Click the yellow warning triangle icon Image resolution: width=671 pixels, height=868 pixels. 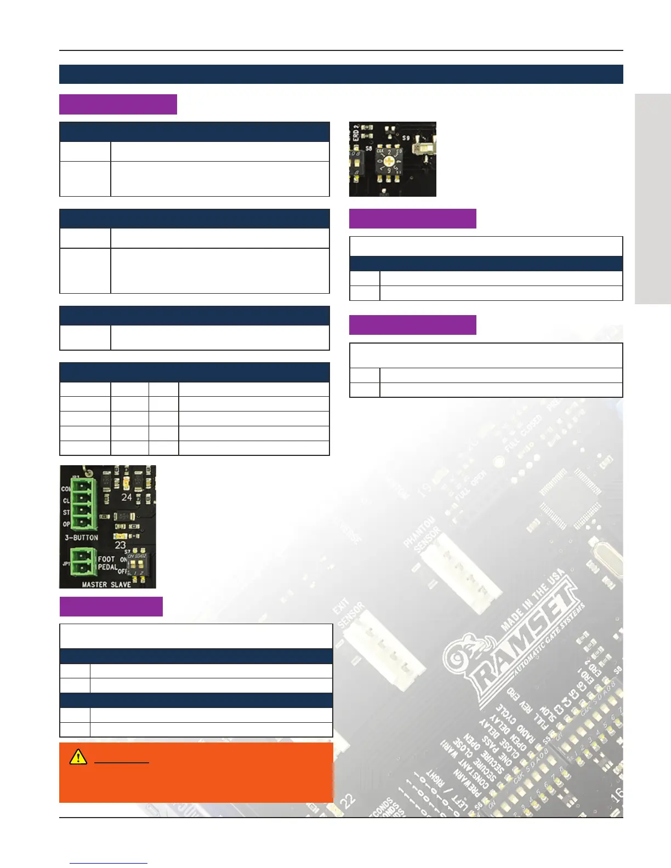click(78, 757)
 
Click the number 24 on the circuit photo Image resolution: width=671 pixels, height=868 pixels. click(127, 497)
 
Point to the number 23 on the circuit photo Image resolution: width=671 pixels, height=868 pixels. click(120, 545)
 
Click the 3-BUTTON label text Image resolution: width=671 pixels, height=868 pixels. click(82, 538)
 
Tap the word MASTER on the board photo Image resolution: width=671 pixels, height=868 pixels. click(94, 584)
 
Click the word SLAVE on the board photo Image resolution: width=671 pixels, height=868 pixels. click(121, 584)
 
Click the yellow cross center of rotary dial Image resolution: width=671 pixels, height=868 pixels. click(390, 161)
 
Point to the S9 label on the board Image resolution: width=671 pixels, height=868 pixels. click(406, 138)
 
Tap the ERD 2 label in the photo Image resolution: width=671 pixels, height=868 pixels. click(356, 134)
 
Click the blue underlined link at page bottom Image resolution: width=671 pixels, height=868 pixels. click(109, 863)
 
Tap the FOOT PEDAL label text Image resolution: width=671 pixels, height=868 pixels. click(107, 563)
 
